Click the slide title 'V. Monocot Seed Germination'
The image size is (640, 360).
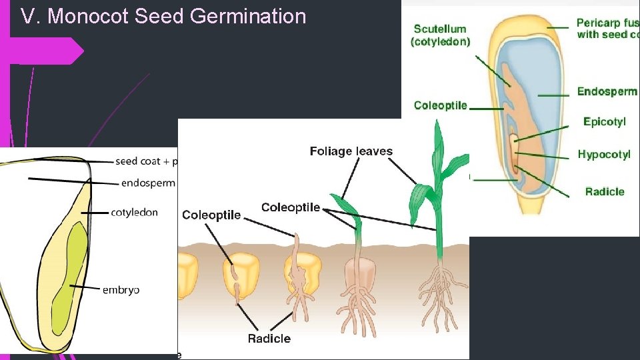163,16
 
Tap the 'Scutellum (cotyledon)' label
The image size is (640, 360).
440,35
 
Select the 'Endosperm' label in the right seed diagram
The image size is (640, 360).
607,92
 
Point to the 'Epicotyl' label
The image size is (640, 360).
604,121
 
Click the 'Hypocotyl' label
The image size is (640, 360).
603,155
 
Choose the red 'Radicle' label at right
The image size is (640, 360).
604,192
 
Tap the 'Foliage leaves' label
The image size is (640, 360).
351,152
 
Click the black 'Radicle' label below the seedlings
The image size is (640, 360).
269,339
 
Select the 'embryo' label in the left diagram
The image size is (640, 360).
121,290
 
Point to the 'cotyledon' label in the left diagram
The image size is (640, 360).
134,213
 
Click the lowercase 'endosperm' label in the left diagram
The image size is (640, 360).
148,183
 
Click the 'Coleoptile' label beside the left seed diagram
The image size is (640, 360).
211,215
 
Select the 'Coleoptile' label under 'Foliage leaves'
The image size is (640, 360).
291,208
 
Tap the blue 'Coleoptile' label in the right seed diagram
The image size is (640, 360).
440,105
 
